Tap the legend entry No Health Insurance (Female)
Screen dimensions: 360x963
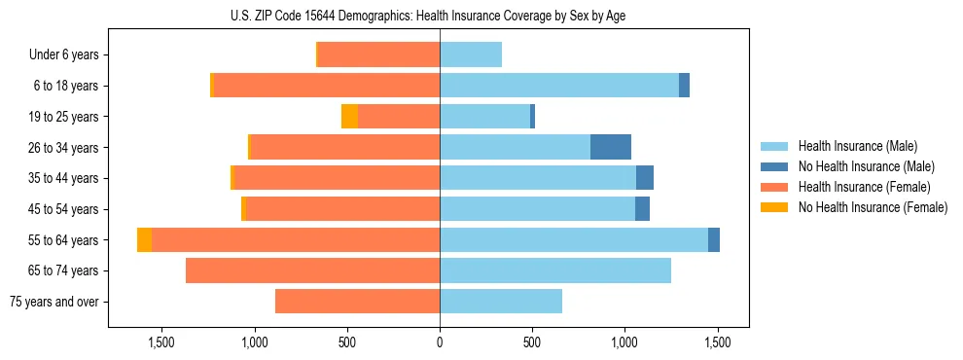[x=873, y=207]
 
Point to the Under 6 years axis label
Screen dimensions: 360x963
[x=63, y=55]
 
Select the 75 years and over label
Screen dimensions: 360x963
[x=53, y=302]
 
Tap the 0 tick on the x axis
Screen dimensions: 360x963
[x=440, y=342]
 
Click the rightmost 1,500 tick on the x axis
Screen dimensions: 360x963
[x=717, y=342]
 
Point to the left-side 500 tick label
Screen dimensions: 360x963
[x=347, y=342]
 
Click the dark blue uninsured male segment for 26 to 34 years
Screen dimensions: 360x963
[x=610, y=147]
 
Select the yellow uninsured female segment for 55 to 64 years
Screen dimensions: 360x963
[x=144, y=240]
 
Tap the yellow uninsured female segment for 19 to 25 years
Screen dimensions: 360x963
[x=349, y=117]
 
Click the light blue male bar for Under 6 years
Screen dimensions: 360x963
[x=471, y=55]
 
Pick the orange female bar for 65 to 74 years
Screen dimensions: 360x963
[x=312, y=270]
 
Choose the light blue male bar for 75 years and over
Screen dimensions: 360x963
[x=501, y=302]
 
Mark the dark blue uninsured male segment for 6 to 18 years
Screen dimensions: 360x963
[x=684, y=86]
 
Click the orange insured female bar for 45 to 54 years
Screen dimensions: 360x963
[x=342, y=209]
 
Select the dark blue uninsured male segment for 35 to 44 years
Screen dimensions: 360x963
[x=644, y=178]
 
